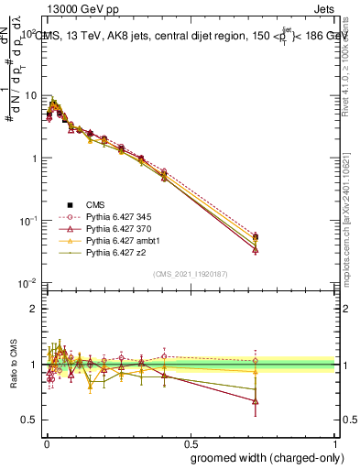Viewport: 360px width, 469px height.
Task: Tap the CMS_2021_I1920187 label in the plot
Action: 190,274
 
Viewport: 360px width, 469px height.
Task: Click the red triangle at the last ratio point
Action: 255,401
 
